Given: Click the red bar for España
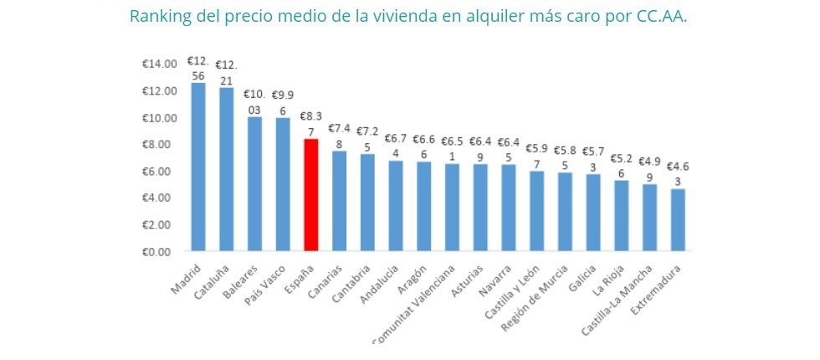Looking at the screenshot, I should (x=310, y=195).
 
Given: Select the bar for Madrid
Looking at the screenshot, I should (x=198, y=167).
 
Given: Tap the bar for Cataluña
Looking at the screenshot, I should (x=226, y=169).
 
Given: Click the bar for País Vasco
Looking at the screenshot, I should (x=283, y=184).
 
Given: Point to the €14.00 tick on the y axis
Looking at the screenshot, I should (x=159, y=64).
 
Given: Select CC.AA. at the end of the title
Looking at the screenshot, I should (x=662, y=16).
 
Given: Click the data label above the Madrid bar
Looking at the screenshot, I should (x=198, y=68).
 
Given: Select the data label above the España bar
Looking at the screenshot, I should (x=310, y=124).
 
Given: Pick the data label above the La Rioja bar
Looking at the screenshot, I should (x=621, y=166).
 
